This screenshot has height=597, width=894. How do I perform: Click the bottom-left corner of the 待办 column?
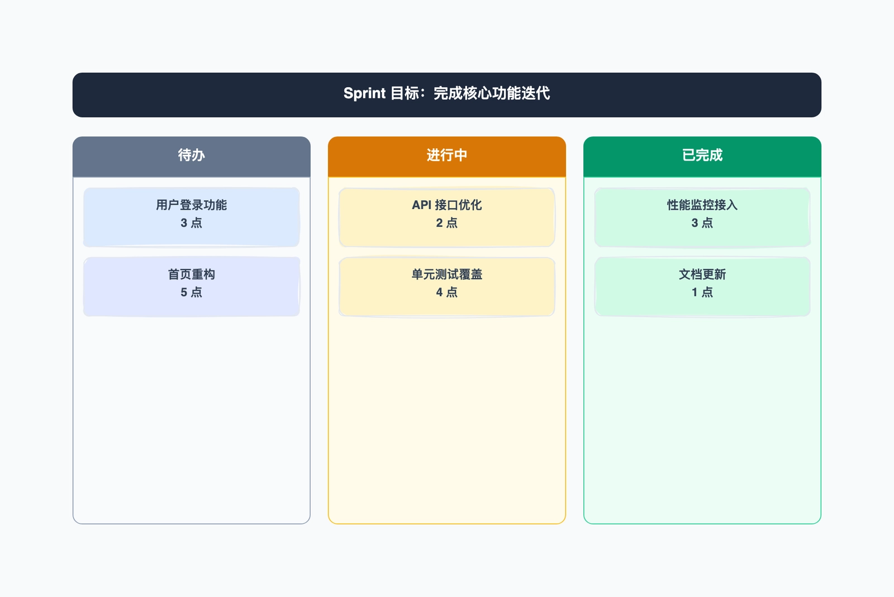(x=73, y=524)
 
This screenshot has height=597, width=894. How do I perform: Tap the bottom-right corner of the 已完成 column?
(x=821, y=524)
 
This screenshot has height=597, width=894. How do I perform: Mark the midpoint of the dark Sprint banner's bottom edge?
(x=447, y=117)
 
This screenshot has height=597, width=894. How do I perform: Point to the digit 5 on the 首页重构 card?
(x=184, y=292)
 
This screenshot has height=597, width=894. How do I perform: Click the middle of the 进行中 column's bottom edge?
(x=447, y=524)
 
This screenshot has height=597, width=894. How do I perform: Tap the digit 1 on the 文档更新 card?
(x=695, y=292)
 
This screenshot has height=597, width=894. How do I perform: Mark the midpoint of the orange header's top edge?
(x=447, y=137)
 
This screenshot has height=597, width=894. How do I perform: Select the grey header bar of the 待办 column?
(x=192, y=157)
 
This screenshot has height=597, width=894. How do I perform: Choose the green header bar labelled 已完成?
(x=702, y=157)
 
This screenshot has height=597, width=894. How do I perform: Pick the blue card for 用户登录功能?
(x=192, y=217)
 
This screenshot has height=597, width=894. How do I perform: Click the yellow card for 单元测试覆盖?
(x=447, y=287)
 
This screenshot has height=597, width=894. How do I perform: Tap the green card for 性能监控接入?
(x=702, y=217)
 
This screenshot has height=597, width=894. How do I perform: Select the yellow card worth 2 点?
(x=447, y=217)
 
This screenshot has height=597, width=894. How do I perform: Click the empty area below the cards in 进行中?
(x=447, y=419)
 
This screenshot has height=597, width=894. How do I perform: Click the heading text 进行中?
(x=447, y=155)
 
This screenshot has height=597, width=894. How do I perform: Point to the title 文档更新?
(x=702, y=274)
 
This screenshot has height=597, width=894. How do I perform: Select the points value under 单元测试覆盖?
(x=447, y=292)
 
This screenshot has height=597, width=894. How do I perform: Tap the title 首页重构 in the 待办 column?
(x=192, y=274)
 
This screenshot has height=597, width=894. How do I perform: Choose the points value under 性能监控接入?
(x=702, y=223)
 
